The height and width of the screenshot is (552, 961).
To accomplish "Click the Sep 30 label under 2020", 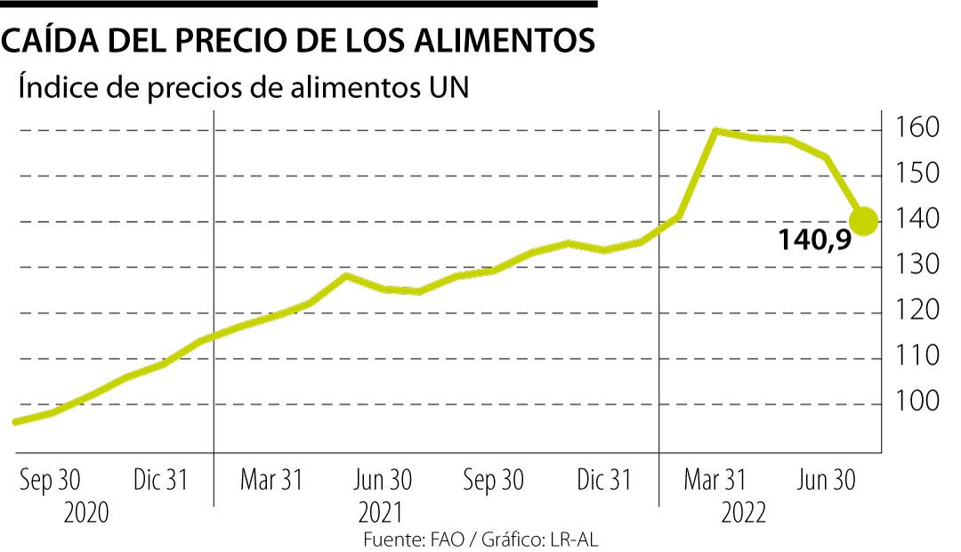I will coord(50,481).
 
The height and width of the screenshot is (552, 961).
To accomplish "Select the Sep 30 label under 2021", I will coord(493,481).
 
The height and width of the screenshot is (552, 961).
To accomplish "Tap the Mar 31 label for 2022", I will coord(715,481).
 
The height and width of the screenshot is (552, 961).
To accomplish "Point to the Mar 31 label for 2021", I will coord(271,481).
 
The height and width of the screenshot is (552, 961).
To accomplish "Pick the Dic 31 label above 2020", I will coord(161,481).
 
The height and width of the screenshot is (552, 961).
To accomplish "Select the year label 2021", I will coord(380,514).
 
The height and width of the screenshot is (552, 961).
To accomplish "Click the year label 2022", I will coord(743,514).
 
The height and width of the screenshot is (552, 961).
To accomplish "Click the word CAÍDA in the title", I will coord(52,41).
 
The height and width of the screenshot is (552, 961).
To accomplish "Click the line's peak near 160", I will coord(715,131).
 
